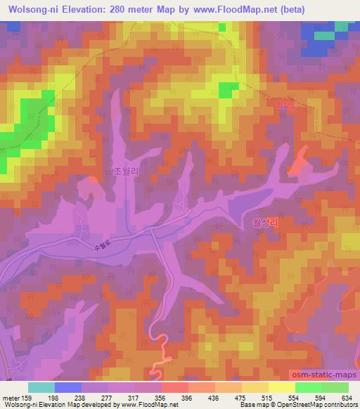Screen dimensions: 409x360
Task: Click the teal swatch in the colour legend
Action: click(41, 387)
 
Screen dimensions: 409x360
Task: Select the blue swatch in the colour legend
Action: click(68, 387)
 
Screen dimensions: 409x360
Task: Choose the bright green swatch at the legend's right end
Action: click(335, 387)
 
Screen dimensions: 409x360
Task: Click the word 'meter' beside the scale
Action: click(11, 397)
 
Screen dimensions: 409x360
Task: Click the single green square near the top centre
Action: click(228, 90)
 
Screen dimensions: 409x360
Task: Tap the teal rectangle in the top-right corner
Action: click(324, 35)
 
